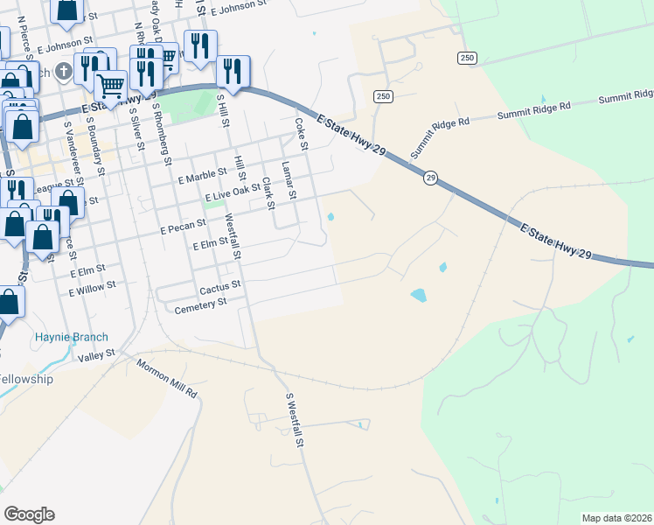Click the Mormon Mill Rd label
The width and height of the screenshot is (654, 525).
[167, 377]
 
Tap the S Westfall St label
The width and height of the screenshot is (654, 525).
[295, 420]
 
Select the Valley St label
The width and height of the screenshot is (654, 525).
[96, 354]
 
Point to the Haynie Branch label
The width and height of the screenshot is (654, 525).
[72, 337]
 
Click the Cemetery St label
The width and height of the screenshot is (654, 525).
[201, 305]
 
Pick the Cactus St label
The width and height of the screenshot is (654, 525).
[220, 287]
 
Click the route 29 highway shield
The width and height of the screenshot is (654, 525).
[431, 178]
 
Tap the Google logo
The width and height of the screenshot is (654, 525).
[29, 514]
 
